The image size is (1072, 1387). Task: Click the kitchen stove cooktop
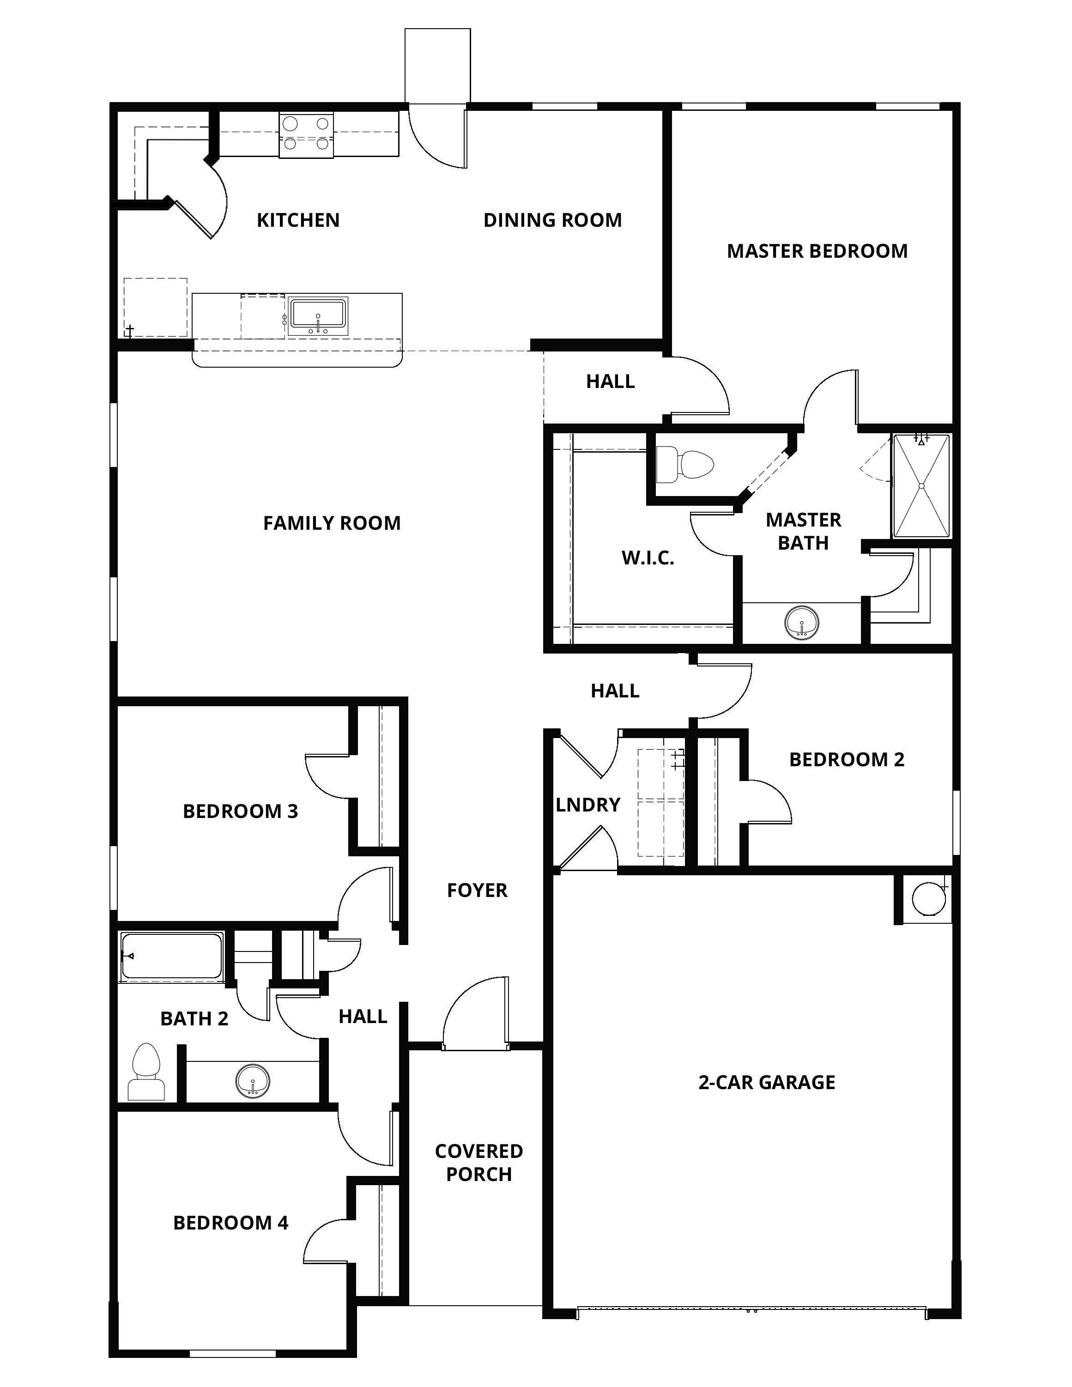tap(306, 133)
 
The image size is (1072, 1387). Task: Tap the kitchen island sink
tap(318, 315)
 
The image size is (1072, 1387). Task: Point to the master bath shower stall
tap(921, 486)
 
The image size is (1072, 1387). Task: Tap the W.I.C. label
tap(647, 558)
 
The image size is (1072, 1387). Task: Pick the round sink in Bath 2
tap(253, 1080)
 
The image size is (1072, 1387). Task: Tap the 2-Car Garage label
tap(767, 1082)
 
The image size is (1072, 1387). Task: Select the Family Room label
tap(332, 523)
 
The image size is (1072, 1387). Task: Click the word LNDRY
tap(587, 805)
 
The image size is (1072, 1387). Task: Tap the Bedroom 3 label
tap(240, 811)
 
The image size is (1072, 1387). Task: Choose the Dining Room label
tap(552, 220)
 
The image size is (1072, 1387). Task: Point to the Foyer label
tap(477, 890)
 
